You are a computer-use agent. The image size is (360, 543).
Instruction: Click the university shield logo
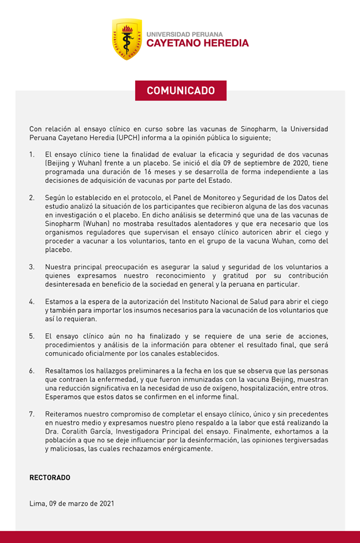click(127, 39)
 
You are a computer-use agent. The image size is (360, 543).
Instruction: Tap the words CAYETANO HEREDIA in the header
click(197, 44)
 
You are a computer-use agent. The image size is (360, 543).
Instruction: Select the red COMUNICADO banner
click(180, 90)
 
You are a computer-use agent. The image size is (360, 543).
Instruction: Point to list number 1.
click(32, 154)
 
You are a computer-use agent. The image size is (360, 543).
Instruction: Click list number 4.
click(32, 301)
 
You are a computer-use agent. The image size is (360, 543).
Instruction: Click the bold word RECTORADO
click(50, 477)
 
